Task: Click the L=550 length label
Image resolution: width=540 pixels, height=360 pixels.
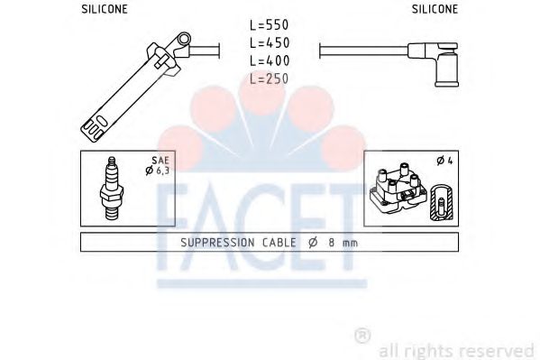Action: pyautogui.click(x=269, y=25)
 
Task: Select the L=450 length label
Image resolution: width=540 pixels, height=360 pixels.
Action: pyautogui.click(x=270, y=42)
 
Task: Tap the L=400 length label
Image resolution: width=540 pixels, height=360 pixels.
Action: pyautogui.click(x=270, y=60)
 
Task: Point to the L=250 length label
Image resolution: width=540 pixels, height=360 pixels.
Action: pyautogui.click(x=269, y=78)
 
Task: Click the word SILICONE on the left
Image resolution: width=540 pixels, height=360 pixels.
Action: pyautogui.click(x=105, y=9)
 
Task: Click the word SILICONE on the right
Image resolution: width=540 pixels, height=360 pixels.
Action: pyautogui.click(x=435, y=9)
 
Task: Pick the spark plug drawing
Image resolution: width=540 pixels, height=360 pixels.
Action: pyautogui.click(x=111, y=189)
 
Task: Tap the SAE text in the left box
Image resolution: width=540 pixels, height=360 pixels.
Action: pyautogui.click(x=160, y=161)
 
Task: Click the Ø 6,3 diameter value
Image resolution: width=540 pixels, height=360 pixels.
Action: pyautogui.click(x=158, y=171)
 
